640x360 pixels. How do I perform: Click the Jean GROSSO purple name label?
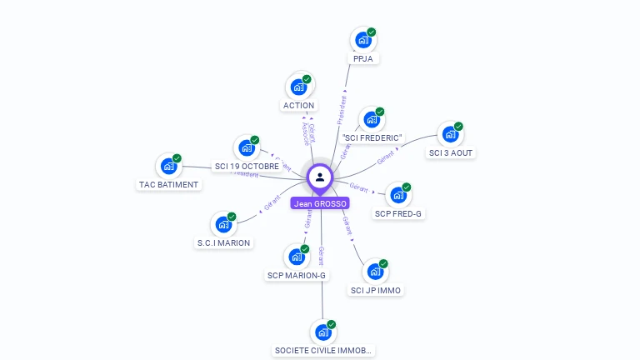click(320, 203)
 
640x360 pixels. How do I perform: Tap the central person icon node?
click(320, 177)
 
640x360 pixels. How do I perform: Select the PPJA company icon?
click(362, 39)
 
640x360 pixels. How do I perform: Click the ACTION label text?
click(298, 106)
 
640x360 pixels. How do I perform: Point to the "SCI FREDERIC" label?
click(372, 137)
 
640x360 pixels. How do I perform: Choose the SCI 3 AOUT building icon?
click(450, 134)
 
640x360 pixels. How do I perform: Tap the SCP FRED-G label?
click(398, 214)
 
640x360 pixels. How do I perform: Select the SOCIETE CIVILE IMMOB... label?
click(323, 351)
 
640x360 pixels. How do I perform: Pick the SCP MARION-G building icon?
click(296, 257)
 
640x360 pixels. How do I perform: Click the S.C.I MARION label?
click(223, 243)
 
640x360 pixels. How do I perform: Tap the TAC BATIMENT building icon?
click(168, 166)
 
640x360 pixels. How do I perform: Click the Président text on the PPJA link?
click(341, 109)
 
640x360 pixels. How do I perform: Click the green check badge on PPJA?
click(372, 32)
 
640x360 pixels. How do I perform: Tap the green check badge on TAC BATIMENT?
click(177, 158)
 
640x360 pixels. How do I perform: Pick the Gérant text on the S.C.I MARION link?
click(272, 202)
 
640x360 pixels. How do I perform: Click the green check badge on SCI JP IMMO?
click(383, 264)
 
